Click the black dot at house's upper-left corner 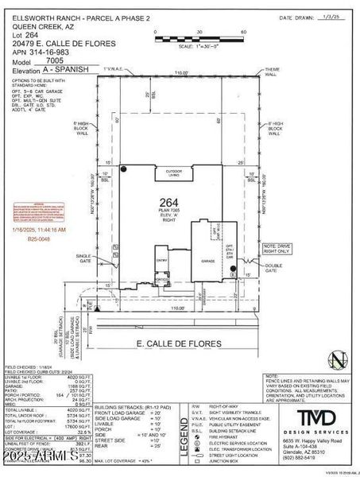click(125, 169)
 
